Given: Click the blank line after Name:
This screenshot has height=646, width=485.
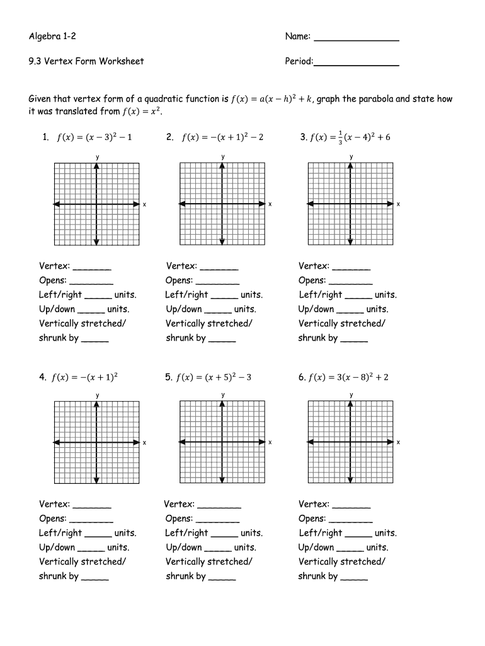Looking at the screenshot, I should [356, 40].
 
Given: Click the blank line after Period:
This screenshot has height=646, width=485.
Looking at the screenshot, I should [357, 64].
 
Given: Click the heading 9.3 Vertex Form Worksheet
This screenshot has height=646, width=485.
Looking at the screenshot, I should [86, 61].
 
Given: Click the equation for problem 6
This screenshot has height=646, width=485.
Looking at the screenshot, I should [348, 377].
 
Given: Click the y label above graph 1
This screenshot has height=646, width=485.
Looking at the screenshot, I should [97, 156].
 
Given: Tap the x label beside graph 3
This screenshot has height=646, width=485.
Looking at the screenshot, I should [398, 204].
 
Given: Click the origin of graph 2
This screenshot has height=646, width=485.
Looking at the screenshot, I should [222, 204].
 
